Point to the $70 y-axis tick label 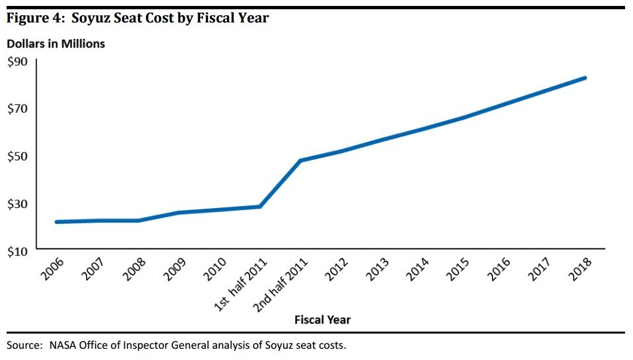pos(18,109)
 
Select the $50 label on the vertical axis pos(18,157)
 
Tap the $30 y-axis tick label pos(18,204)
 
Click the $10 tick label pos(18,252)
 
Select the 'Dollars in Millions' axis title pos(55,44)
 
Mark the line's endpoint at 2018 pos(585,78)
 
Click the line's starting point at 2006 pos(57,222)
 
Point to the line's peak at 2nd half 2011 pos(300,161)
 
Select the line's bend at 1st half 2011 pos(260,207)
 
